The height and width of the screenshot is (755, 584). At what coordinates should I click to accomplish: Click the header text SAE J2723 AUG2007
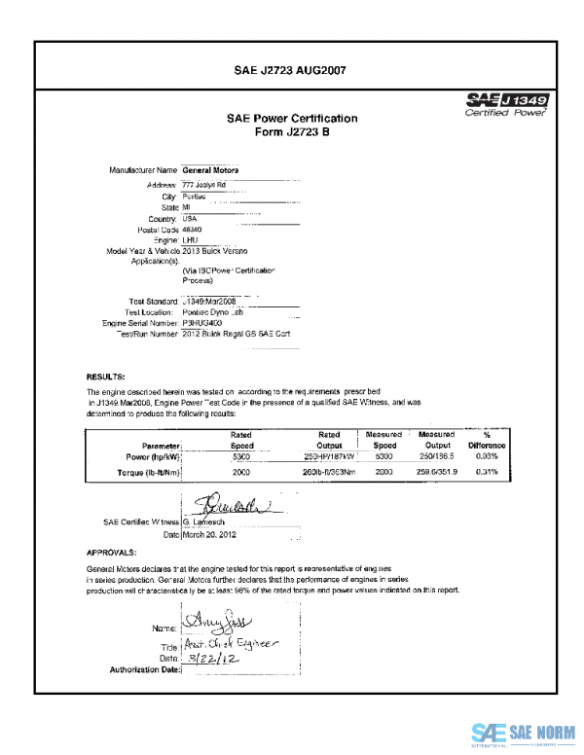tap(291, 70)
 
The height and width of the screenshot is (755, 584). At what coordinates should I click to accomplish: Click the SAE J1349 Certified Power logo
tap(507, 104)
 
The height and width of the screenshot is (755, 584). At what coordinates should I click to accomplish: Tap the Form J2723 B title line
tap(292, 132)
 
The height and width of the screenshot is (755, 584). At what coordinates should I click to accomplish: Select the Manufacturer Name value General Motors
tap(210, 170)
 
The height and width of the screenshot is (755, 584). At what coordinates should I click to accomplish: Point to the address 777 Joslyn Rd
tap(204, 184)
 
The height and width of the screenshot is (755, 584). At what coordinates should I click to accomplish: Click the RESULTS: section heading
tap(104, 376)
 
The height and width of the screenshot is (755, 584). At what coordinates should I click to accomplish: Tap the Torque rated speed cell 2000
tap(241, 472)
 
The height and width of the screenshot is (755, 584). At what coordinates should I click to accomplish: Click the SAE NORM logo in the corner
tap(524, 733)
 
